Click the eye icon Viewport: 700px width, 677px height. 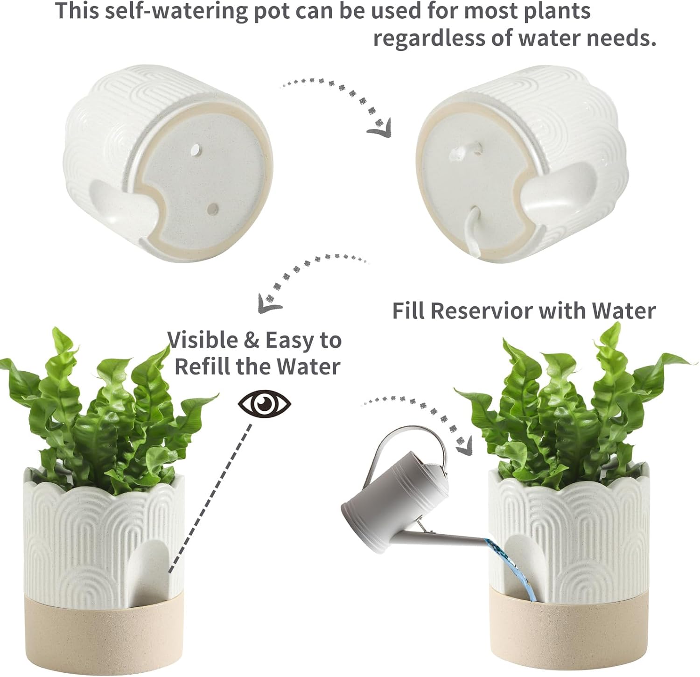click(x=265, y=403)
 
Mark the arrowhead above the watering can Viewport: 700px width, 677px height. click(x=464, y=447)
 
